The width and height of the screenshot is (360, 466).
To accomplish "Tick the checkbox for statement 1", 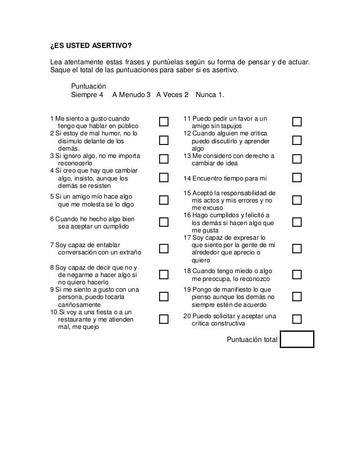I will click(164, 122).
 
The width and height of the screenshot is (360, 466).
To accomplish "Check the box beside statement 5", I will click(164, 200).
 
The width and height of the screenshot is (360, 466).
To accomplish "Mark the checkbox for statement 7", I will click(164, 248).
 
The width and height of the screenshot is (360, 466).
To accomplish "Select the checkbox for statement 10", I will click(164, 319).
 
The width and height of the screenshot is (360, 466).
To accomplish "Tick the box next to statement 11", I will click(297, 122).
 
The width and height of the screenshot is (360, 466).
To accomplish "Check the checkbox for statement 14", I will click(297, 178).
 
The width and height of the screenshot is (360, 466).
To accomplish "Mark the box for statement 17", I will click(297, 248).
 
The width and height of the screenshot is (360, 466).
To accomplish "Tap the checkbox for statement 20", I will click(297, 319).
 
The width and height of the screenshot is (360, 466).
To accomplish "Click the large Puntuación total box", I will click(296, 338).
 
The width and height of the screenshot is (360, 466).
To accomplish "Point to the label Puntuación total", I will click(252, 339).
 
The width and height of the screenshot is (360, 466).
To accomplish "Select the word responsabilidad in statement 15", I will click(247, 193).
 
